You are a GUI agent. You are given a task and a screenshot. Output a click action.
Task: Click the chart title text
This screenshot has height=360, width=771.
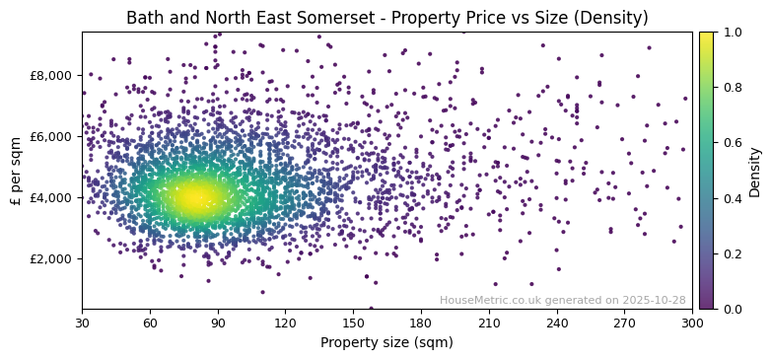click(x=386, y=18)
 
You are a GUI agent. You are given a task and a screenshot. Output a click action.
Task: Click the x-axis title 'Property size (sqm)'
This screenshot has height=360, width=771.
click(x=386, y=343)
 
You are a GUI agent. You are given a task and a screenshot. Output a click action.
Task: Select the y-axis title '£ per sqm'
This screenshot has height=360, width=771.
click(x=16, y=171)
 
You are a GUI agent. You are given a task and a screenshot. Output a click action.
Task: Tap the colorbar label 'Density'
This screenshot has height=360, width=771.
click(x=754, y=171)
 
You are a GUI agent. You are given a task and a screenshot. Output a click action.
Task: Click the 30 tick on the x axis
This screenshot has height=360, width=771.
click(x=82, y=323)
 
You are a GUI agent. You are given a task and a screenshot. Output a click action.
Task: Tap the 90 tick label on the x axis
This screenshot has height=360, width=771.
click(x=218, y=323)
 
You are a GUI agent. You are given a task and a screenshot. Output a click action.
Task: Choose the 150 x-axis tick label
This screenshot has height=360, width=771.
click(x=353, y=323)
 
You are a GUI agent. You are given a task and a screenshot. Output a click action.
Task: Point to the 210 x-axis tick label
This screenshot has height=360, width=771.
click(x=489, y=323)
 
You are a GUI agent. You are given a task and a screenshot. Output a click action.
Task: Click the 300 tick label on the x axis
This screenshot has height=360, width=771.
click(x=692, y=323)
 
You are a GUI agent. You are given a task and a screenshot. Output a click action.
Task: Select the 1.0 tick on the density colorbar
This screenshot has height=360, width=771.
click(x=731, y=32)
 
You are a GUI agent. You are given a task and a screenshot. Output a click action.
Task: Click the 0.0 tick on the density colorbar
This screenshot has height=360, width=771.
click(x=731, y=309)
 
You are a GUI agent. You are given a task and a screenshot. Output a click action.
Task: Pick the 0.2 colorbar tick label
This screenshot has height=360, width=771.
click(x=731, y=253)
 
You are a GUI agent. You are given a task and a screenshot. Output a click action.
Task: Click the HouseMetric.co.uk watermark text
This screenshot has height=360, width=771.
click(x=562, y=300)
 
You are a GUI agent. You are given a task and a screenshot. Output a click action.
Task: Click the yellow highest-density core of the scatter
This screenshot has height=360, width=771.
click(x=194, y=197)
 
